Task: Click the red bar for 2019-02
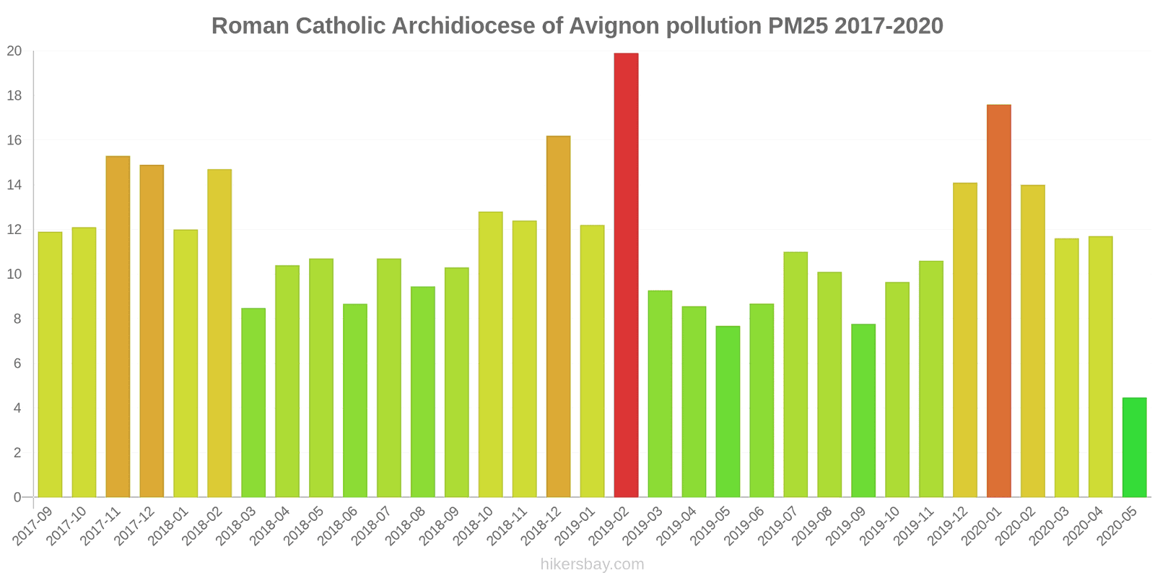click(x=626, y=275)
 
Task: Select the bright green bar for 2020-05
click(x=1134, y=447)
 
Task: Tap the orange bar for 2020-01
click(x=998, y=301)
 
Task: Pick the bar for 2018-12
click(x=558, y=316)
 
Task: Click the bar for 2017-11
click(x=118, y=327)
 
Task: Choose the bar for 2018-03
click(x=253, y=402)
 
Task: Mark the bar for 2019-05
click(x=728, y=411)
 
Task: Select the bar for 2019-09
click(x=863, y=410)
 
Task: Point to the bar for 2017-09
click(x=50, y=364)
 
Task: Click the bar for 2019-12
click(x=964, y=340)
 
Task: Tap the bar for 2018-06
click(x=355, y=400)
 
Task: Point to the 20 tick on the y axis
click(x=14, y=51)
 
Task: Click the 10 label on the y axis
click(x=14, y=275)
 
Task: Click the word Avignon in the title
click(x=614, y=26)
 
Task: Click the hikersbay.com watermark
click(x=592, y=564)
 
